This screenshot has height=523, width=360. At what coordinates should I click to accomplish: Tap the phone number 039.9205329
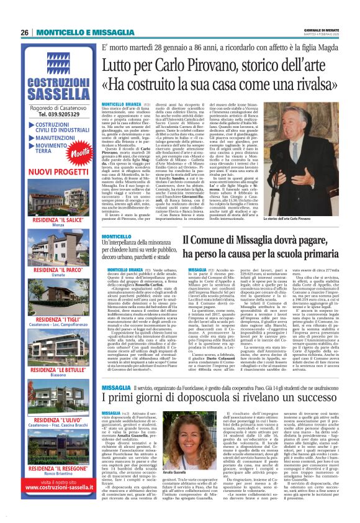coord(59,114)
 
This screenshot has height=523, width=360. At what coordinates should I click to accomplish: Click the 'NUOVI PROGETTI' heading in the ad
coord(59,170)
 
